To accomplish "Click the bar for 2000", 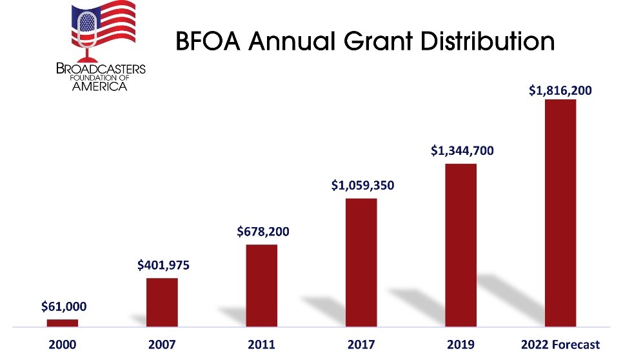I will (x=63, y=322).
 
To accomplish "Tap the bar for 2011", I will (x=262, y=285).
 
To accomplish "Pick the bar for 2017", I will (x=361, y=261).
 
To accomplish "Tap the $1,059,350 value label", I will (x=362, y=185).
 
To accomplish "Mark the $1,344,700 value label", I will (x=462, y=151).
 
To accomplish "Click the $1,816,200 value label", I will (x=560, y=91).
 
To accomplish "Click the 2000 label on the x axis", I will (x=63, y=345).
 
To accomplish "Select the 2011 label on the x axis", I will (x=261, y=345).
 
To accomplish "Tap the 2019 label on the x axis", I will (x=461, y=345).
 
